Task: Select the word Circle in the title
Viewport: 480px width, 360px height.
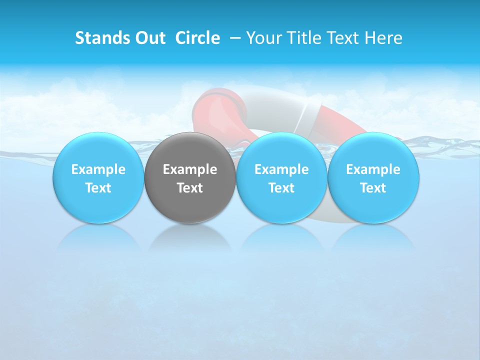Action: pyautogui.click(x=197, y=38)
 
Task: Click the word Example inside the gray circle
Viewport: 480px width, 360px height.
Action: pyautogui.click(x=190, y=169)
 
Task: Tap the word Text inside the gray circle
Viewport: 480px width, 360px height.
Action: pyautogui.click(x=190, y=188)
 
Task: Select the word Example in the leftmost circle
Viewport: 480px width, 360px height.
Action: pyautogui.click(x=98, y=169)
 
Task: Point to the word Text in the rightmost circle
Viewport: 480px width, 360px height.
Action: pyautogui.click(x=373, y=188)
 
